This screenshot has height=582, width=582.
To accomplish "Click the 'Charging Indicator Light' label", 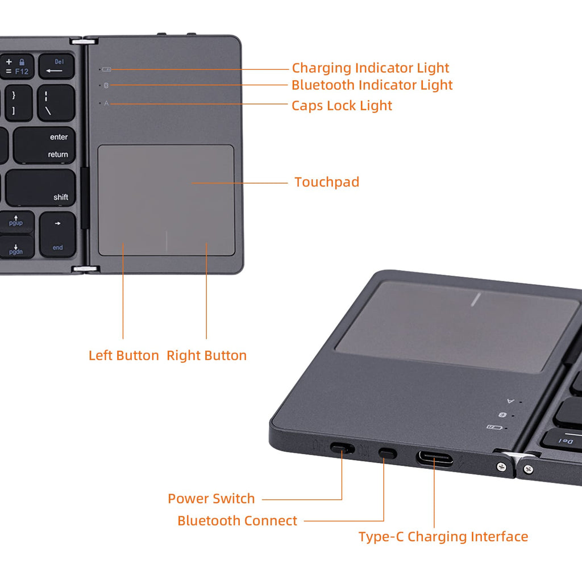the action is [x=371, y=68].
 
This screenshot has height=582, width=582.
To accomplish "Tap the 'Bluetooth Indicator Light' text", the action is [x=372, y=85].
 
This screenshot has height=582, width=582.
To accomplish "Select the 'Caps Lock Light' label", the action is [x=342, y=106].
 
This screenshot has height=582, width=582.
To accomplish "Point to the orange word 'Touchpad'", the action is [x=327, y=182].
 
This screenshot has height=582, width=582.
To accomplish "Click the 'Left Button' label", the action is [x=123, y=355].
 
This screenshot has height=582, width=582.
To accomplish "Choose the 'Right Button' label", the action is [x=206, y=355].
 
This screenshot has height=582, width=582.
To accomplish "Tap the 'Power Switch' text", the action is [x=211, y=498].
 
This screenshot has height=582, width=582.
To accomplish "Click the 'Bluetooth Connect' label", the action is [x=237, y=521].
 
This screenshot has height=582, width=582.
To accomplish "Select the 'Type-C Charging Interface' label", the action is [x=443, y=537].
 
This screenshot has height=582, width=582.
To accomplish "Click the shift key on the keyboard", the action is [x=41, y=188].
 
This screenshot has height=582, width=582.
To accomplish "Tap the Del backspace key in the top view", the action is [x=56, y=66].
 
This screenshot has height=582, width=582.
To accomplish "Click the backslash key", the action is [x=56, y=103].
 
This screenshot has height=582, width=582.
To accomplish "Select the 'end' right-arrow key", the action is [x=57, y=235].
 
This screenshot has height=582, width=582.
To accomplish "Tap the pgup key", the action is [x=16, y=222].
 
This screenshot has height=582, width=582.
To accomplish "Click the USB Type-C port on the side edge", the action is [x=435, y=458].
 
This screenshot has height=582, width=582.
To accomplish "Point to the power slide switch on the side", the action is [x=342, y=448].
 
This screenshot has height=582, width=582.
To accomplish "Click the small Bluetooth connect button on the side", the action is [x=387, y=453].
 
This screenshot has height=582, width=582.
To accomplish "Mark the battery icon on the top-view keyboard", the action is [x=106, y=69].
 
